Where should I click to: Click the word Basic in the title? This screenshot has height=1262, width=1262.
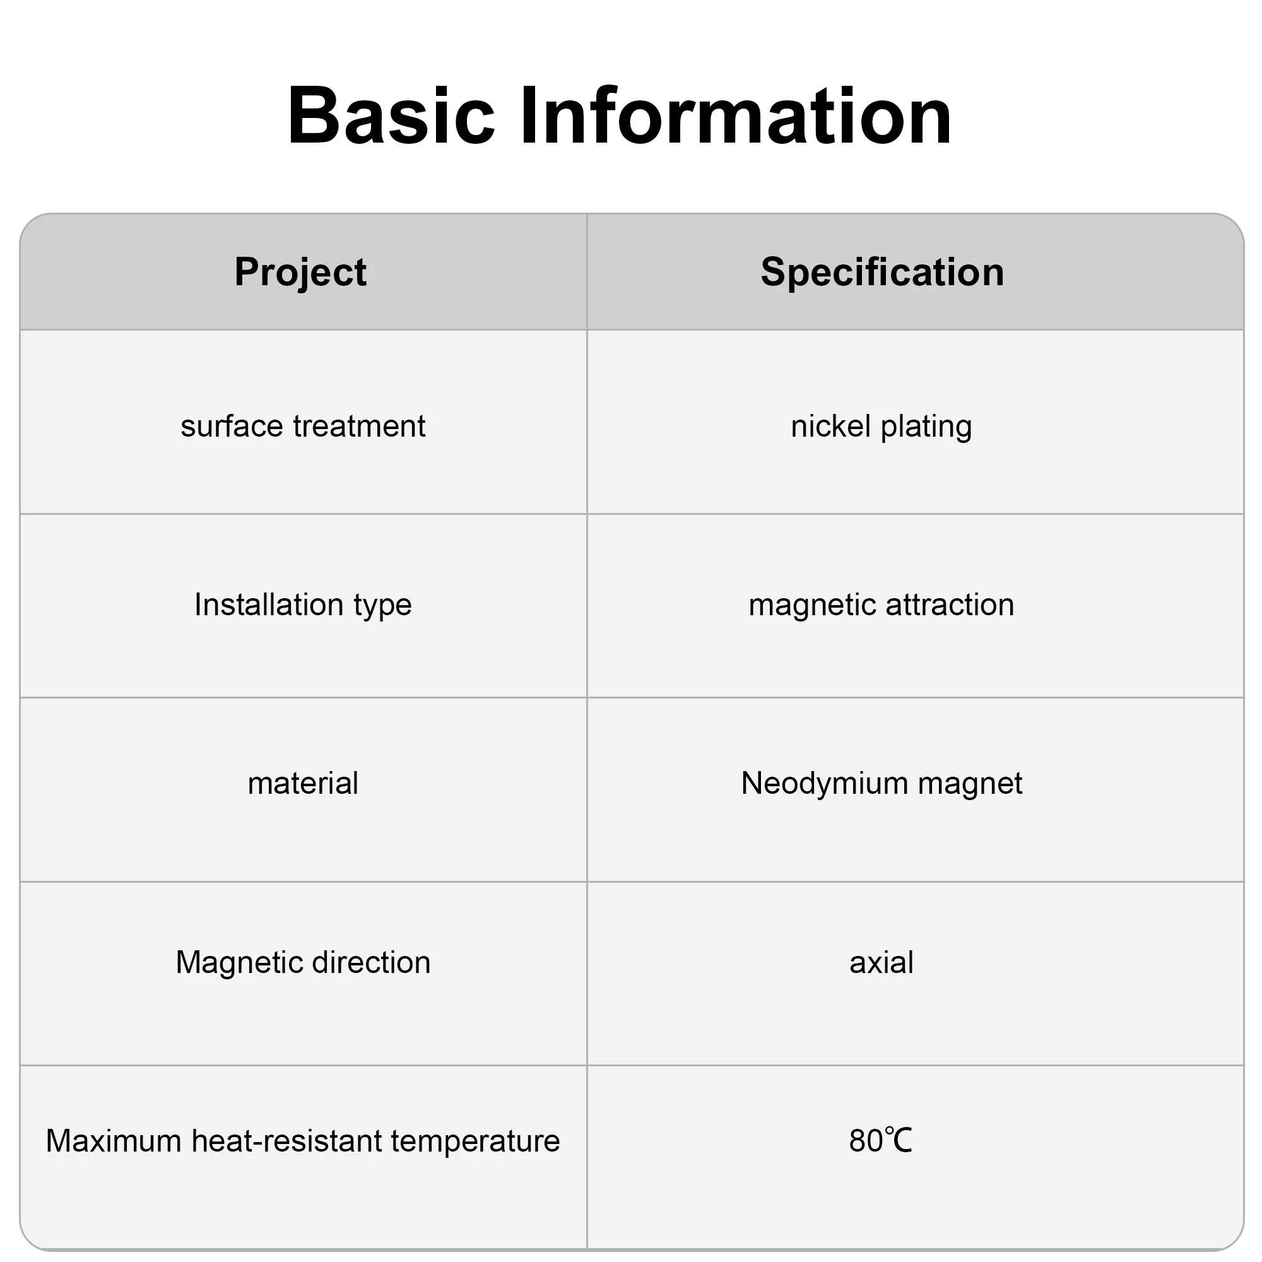(x=391, y=115)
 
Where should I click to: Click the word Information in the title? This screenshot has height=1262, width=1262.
(x=736, y=115)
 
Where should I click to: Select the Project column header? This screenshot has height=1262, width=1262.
(x=300, y=273)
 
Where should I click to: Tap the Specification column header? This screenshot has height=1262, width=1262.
(x=882, y=272)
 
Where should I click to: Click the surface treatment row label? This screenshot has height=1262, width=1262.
(x=303, y=427)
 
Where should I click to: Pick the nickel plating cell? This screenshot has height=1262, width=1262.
(x=881, y=427)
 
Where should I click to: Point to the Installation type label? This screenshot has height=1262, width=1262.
(x=303, y=605)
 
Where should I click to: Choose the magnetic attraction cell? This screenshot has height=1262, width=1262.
(x=881, y=605)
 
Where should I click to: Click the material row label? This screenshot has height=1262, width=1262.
(x=303, y=783)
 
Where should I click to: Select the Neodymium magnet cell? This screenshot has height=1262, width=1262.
(x=881, y=784)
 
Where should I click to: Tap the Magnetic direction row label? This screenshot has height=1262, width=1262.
(x=303, y=963)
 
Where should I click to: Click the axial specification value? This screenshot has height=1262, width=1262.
(x=881, y=963)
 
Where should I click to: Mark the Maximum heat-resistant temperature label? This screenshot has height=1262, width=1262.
(x=303, y=1141)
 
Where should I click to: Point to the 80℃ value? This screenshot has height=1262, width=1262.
(x=880, y=1141)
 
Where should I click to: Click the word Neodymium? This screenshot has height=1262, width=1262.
(x=825, y=784)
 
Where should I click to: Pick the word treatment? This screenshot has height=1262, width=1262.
(x=359, y=427)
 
